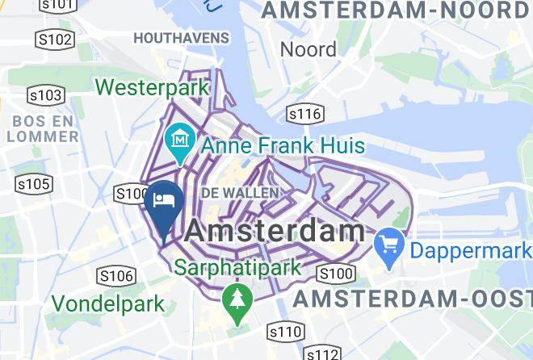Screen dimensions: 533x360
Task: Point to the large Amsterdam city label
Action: tap(275, 231)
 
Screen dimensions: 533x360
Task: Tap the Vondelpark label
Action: tap(108, 304)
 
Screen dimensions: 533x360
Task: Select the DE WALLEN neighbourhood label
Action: tap(240, 193)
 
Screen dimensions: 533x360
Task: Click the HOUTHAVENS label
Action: tap(181, 38)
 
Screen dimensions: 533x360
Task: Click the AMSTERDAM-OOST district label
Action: tap(412, 299)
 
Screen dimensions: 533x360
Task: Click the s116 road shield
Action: tap(304, 114)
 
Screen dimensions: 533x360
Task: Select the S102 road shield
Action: tap(55, 40)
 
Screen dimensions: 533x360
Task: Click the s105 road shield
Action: tap(34, 185)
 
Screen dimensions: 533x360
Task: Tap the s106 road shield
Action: tap(115, 277)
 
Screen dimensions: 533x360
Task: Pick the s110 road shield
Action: tap(286, 331)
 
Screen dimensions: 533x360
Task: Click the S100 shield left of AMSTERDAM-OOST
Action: tap(336, 274)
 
